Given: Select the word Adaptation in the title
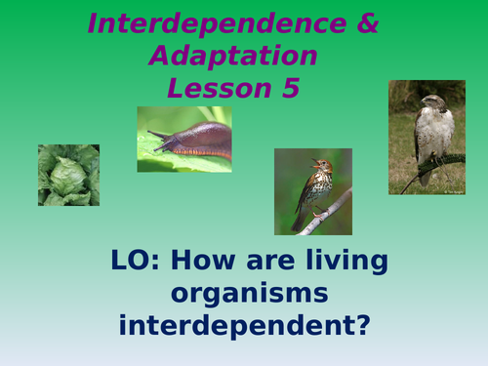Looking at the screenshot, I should [233, 56].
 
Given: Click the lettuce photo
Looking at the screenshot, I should [68, 175].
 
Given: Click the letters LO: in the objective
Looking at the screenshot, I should [138, 262].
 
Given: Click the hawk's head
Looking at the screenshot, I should [429, 102].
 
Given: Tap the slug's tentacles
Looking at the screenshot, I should [156, 133].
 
